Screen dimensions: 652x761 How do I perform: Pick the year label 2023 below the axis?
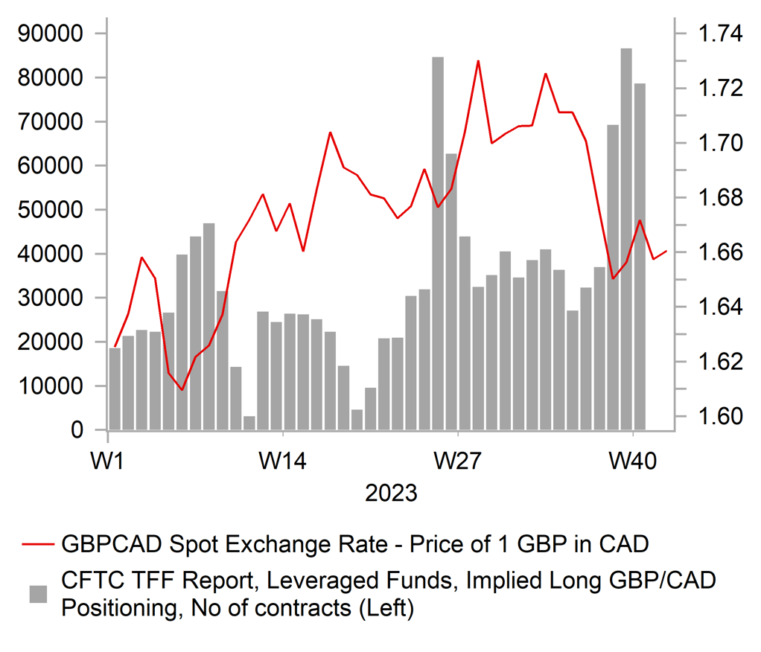click(x=391, y=493)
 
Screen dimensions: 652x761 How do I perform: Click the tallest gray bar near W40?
click(x=626, y=238)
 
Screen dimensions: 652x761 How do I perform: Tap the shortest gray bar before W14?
click(x=249, y=423)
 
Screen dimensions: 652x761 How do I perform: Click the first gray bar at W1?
click(x=115, y=389)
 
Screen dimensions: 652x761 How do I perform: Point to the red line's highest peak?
click(x=478, y=61)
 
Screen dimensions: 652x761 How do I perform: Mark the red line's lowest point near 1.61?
click(x=182, y=389)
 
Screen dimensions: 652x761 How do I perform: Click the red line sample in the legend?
click(x=38, y=545)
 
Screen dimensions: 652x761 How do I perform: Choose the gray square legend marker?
click(x=38, y=594)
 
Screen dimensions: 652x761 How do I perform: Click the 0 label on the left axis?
click(x=77, y=430)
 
